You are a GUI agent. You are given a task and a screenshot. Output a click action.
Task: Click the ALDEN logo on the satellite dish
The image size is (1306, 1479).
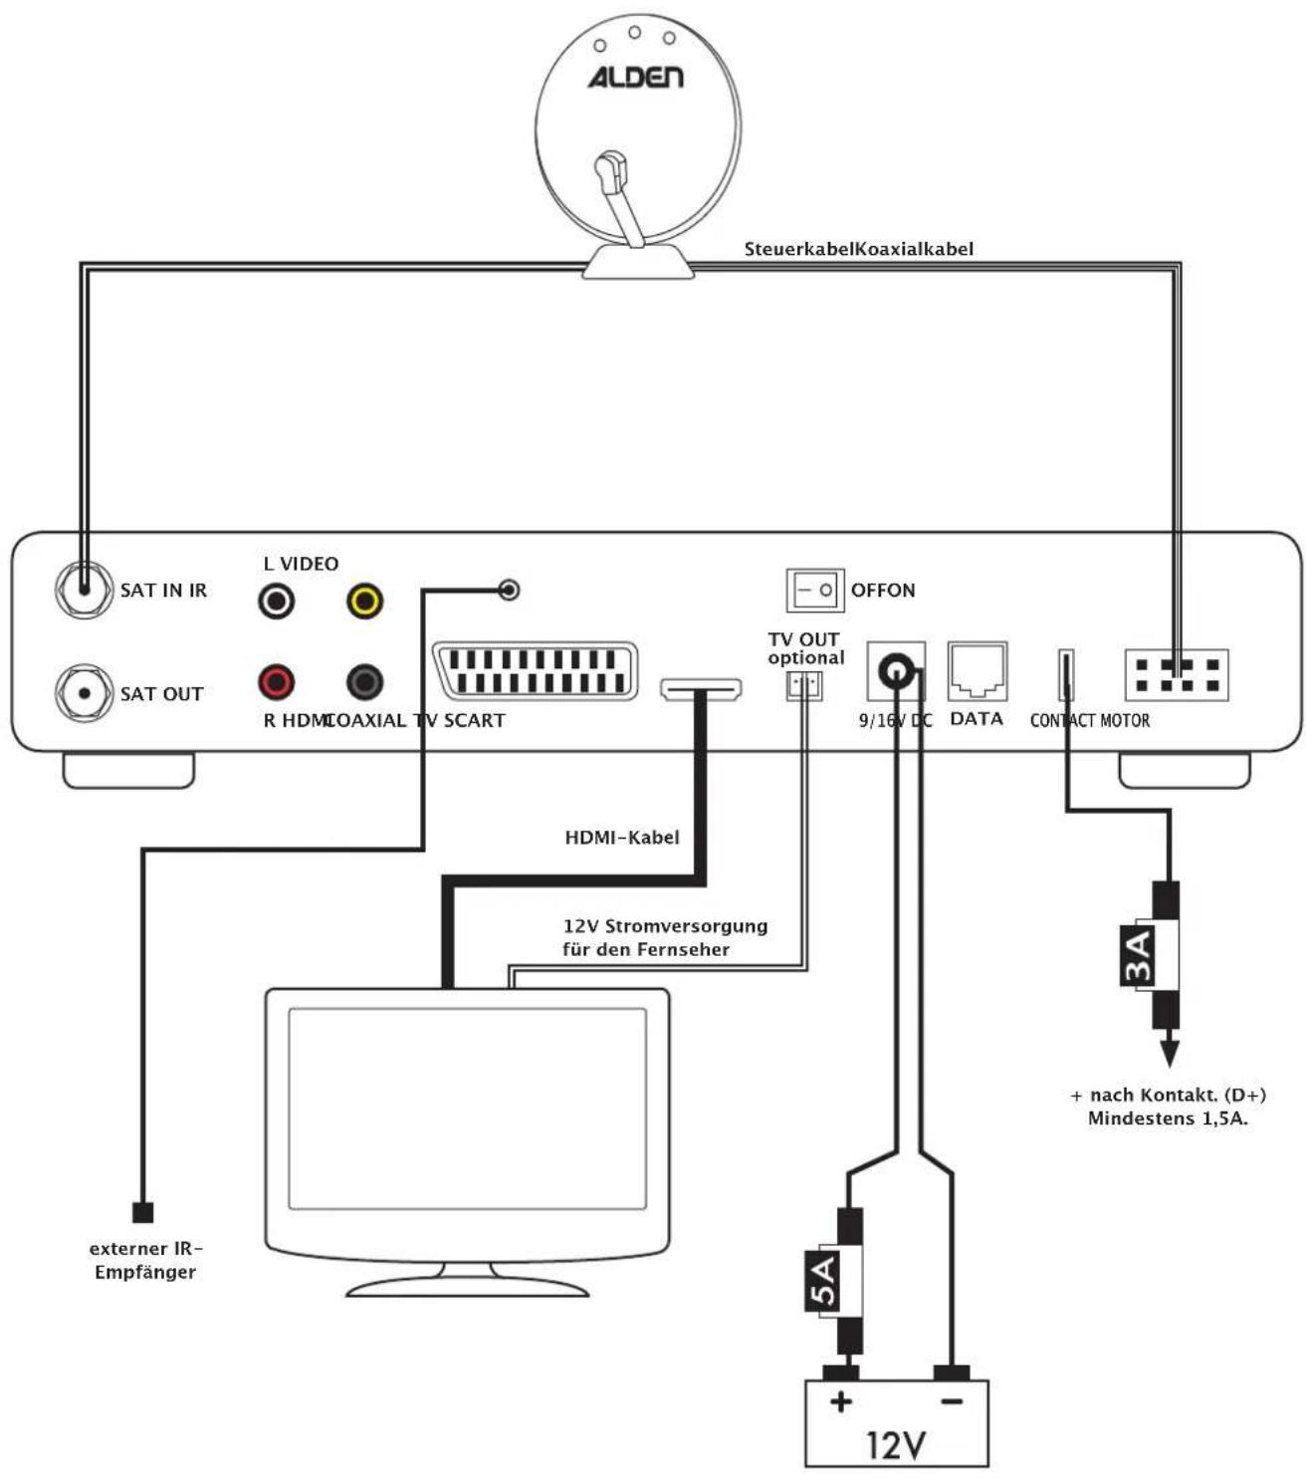click(x=635, y=77)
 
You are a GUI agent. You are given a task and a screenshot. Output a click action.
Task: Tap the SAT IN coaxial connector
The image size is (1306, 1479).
click(x=84, y=590)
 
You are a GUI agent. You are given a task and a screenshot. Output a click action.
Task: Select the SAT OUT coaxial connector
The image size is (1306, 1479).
click(x=84, y=693)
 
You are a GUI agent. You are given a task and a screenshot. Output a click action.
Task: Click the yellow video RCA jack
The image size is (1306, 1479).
click(x=364, y=601)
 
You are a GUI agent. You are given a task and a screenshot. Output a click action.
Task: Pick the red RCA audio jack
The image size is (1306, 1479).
click(x=276, y=682)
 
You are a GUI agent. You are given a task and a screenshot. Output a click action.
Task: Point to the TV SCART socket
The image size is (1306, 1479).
click(x=535, y=671)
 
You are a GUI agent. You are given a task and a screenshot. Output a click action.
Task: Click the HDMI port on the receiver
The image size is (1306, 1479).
click(x=702, y=688)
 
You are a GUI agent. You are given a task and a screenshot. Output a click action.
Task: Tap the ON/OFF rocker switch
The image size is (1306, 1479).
click(x=814, y=590)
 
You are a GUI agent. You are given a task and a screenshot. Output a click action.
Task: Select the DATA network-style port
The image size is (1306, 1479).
click(x=977, y=672)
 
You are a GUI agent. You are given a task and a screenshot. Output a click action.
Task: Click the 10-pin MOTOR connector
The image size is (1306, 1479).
click(x=1177, y=675)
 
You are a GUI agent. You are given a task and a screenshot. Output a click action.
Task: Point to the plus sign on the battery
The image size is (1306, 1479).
click(x=841, y=1401)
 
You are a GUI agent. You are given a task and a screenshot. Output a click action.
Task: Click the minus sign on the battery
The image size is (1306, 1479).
click(x=952, y=1401)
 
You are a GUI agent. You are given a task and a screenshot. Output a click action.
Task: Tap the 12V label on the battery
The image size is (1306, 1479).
click(x=896, y=1444)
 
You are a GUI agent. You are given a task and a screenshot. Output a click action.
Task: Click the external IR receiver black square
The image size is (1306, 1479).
click(x=143, y=1212)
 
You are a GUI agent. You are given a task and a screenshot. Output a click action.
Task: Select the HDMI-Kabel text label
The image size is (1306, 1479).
click(x=622, y=838)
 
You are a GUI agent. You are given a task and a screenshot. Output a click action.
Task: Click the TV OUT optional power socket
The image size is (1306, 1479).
click(x=804, y=685)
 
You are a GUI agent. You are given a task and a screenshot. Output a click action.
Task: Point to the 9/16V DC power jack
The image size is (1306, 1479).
click(x=897, y=671)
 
